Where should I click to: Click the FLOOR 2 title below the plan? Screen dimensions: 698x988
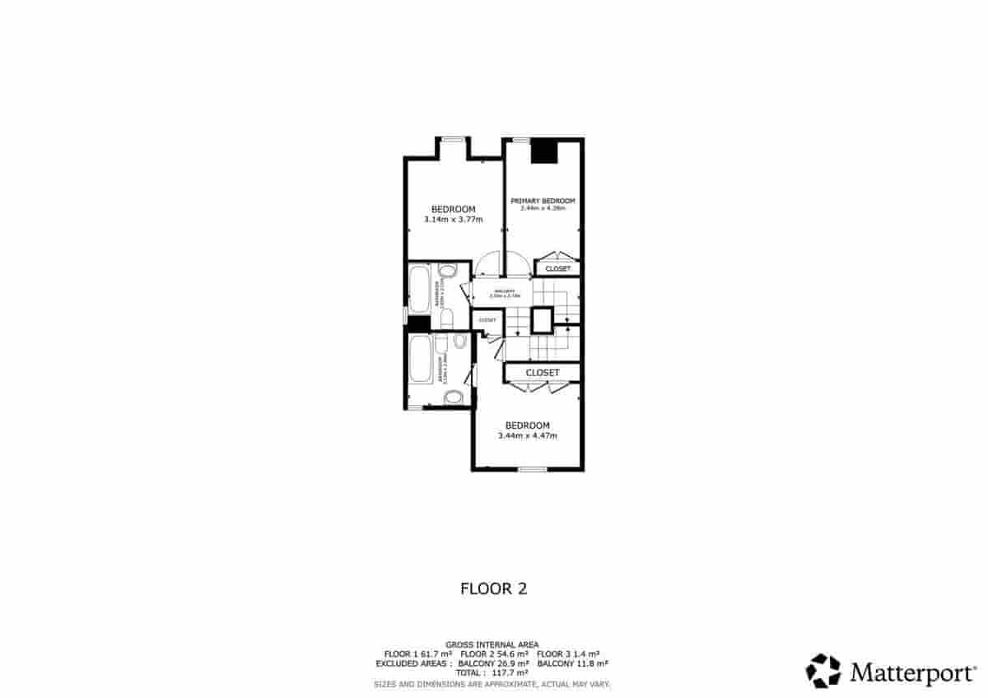(492, 589)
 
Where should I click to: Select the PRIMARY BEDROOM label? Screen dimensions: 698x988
(542, 201)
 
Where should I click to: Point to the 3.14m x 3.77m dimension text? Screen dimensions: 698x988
(453, 220)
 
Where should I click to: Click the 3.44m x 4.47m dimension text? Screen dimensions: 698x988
(527, 435)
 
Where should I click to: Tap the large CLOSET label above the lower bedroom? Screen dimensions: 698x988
(542, 373)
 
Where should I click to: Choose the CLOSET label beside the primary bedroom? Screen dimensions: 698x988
(557, 268)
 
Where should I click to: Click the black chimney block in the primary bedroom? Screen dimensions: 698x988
(543, 152)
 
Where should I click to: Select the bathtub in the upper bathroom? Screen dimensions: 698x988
(418, 286)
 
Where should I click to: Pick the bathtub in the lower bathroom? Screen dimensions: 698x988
(419, 360)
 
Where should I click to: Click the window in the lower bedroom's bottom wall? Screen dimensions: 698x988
(533, 469)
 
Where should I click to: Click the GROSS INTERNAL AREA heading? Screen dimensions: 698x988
(492, 644)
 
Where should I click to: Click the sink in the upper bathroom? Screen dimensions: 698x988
(448, 270)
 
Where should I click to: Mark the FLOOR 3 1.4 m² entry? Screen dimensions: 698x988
(568, 654)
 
